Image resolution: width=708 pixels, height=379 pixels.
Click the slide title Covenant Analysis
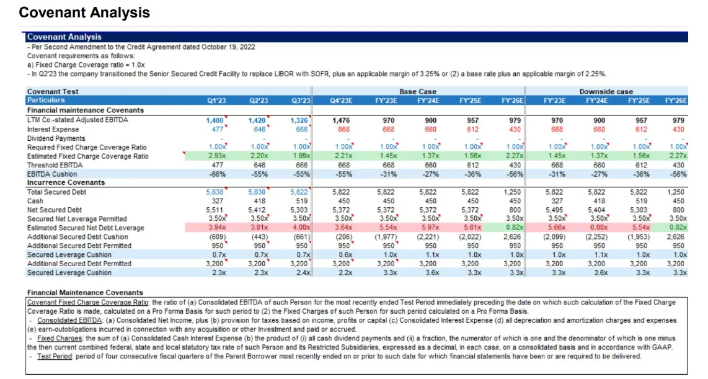tap(84, 12)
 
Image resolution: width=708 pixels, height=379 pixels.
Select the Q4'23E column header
tap(341, 100)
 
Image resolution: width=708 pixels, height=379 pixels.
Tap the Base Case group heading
tap(418, 91)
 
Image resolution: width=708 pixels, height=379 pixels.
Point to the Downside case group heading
tap(606, 91)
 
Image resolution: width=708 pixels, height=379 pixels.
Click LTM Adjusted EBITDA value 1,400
tap(215, 120)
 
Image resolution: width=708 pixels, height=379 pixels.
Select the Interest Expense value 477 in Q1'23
tap(218, 129)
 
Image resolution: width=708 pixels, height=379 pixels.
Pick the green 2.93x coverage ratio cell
tap(217, 156)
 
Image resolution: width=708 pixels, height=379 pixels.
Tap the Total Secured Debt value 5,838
tap(215, 192)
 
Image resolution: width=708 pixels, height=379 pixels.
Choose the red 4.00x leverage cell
tap(301, 228)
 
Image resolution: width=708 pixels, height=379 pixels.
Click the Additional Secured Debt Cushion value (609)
tap(217, 237)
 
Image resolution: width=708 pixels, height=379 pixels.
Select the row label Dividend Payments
tap(56, 138)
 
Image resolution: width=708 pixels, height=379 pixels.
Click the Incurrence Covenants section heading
tap(66, 182)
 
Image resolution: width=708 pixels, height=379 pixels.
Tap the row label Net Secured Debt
tap(54, 210)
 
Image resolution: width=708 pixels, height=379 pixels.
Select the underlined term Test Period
tap(55, 357)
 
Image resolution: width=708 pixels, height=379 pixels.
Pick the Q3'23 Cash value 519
tap(301, 201)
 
